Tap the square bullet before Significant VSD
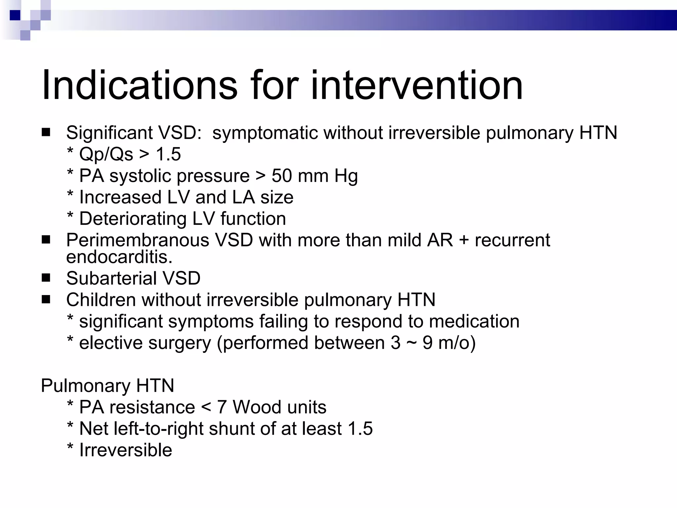tap(46, 133)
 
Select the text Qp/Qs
tap(106, 154)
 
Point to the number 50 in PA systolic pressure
tap(282, 176)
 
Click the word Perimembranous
tap(138, 240)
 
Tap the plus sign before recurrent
tap(464, 240)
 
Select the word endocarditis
tap(119, 257)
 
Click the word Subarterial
tap(111, 278)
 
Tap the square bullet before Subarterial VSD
tap(46, 278)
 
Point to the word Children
tap(100, 300)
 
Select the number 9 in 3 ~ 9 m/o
tap(427, 343)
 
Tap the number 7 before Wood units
tap(222, 407)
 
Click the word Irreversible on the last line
tap(126, 450)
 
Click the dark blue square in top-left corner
tap(15, 15)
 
